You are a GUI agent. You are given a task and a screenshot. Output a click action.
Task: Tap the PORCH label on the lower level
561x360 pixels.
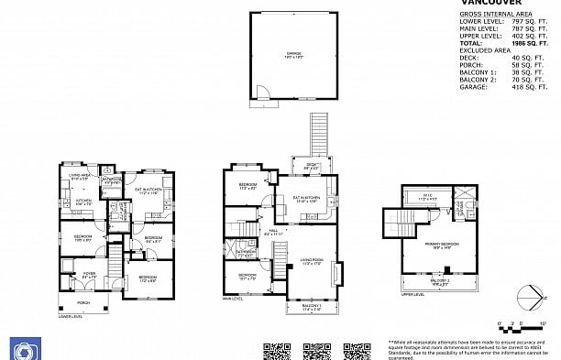(x=83, y=301)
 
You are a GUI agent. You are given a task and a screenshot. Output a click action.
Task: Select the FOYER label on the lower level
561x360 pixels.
(x=89, y=273)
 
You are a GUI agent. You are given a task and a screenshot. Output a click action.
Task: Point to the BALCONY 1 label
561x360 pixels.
(x=312, y=308)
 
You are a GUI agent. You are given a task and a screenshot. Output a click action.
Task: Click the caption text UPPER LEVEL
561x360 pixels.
(x=413, y=295)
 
